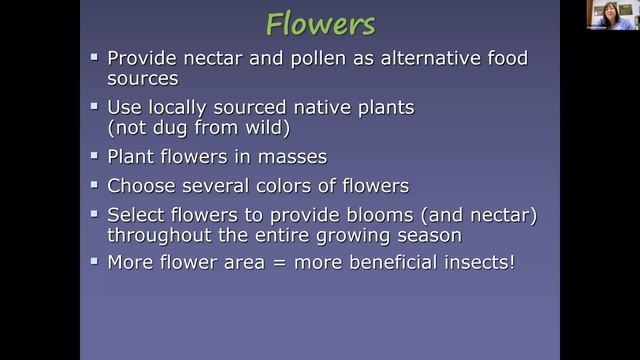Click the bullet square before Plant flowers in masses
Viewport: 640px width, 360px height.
94,156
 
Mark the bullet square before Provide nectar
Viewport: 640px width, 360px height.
94,58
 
